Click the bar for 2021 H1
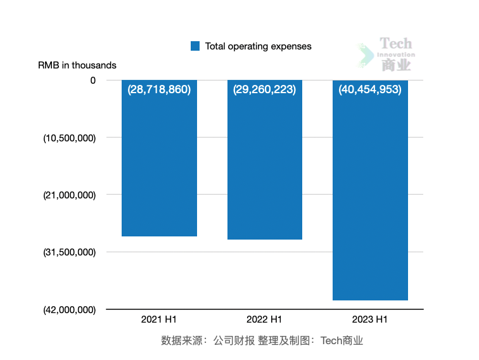coord(159,165)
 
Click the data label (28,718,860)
coord(159,89)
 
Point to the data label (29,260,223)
coord(264,89)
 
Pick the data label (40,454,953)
coord(370,89)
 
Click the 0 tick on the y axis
coord(93,80)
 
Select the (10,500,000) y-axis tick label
coord(69,138)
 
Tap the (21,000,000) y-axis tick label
coord(69,195)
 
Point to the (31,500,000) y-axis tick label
coord(69,252)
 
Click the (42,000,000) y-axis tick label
coord(69,310)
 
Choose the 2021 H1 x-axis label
coord(159,319)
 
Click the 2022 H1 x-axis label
coord(264,319)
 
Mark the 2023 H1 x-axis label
coord(370,319)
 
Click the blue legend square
coord(195,46)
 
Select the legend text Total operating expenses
coord(259,46)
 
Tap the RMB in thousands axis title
coord(77,65)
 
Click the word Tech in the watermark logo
coord(396,44)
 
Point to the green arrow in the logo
coord(365,55)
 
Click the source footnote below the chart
coord(262,341)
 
